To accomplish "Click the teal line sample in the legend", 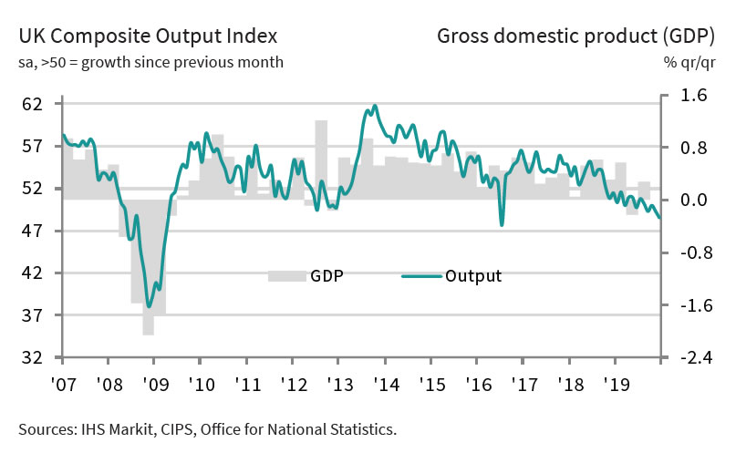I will (x=420, y=275).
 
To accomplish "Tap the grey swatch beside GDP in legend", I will (x=286, y=276).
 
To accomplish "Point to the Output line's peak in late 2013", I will (x=375, y=106).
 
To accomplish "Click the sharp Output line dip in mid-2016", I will (x=502, y=224).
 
